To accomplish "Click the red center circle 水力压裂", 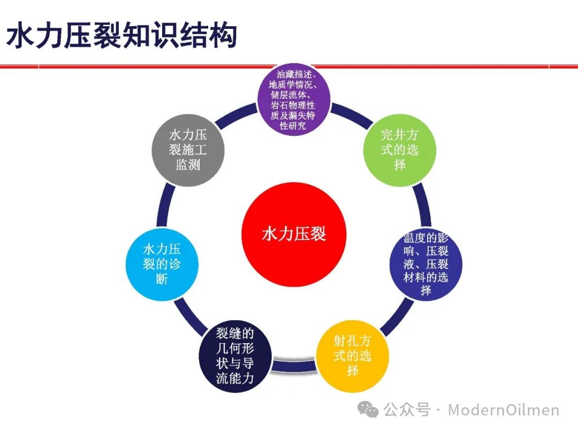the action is pyautogui.click(x=294, y=234).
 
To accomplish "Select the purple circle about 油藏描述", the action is pyautogui.click(x=293, y=99).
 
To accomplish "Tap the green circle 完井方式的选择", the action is pyautogui.click(x=400, y=150).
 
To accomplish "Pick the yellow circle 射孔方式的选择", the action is pyautogui.click(x=352, y=356).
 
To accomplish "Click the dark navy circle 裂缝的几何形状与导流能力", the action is pyautogui.click(x=235, y=356).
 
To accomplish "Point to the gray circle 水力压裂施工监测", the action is pyautogui.click(x=188, y=150).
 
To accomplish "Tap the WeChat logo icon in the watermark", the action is pyautogui.click(x=368, y=409).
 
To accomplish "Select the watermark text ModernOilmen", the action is pyautogui.click(x=504, y=410).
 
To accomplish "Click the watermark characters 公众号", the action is pyautogui.click(x=407, y=410).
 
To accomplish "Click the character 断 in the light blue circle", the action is pyautogui.click(x=162, y=279).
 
